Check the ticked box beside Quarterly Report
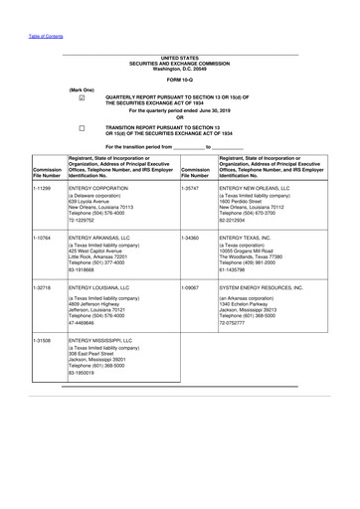click(82, 97)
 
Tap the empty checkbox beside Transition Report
click(82, 129)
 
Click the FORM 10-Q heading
click(180, 78)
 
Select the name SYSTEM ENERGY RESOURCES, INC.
click(263, 286)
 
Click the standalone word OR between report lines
click(180, 120)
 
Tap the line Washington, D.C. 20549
click(180, 68)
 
